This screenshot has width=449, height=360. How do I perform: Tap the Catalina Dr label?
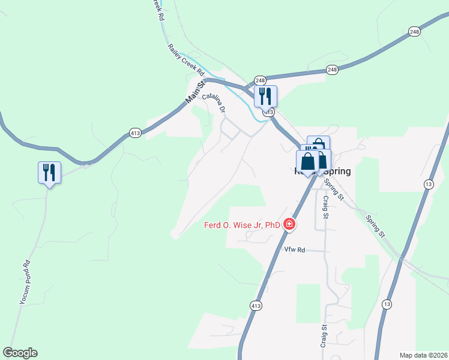(214, 103)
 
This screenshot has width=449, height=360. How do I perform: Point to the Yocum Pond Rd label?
(25, 282)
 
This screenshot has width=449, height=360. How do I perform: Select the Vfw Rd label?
(294, 250)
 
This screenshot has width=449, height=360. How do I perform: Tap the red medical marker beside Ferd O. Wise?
(289, 224)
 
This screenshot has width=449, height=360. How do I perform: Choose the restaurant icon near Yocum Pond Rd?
(48, 173)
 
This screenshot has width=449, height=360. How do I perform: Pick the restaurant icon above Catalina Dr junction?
(265, 96)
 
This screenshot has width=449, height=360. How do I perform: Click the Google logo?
(20, 353)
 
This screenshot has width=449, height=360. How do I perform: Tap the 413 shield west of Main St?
(135, 133)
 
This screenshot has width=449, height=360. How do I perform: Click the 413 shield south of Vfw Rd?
(256, 306)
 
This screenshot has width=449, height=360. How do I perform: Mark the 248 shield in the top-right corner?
(414, 32)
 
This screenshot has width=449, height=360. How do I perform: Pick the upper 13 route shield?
(428, 184)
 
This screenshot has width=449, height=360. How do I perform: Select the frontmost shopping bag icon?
(308, 161)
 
